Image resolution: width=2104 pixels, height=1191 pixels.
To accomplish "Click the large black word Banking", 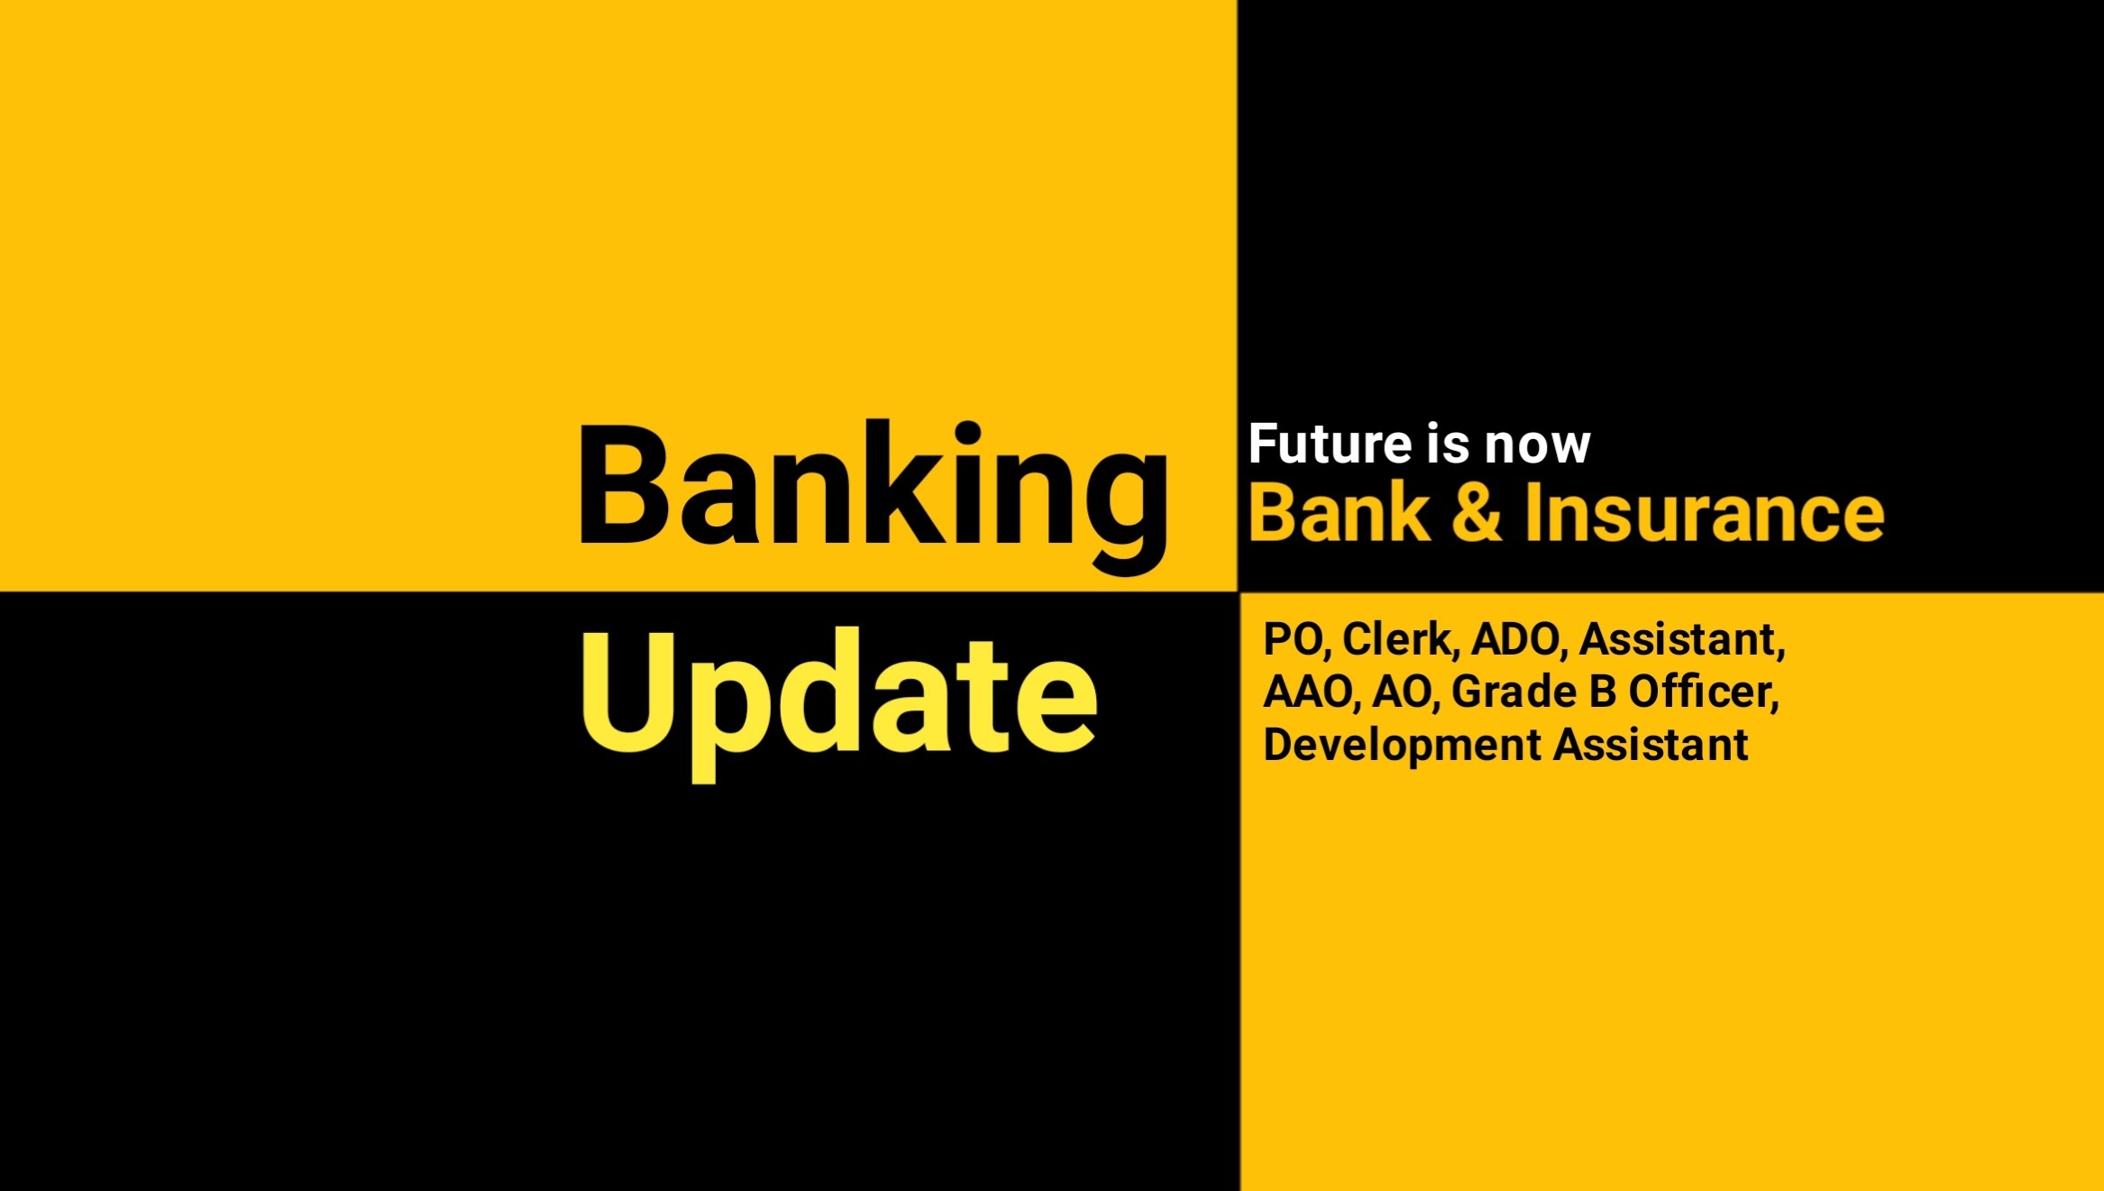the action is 873,496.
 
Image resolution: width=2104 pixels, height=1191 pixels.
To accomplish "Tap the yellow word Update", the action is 838,703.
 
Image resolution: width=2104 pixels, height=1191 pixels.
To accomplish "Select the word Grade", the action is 1514,692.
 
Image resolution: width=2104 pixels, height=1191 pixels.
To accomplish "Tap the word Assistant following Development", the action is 1651,745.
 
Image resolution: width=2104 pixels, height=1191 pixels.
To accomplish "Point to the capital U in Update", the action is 629,692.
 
